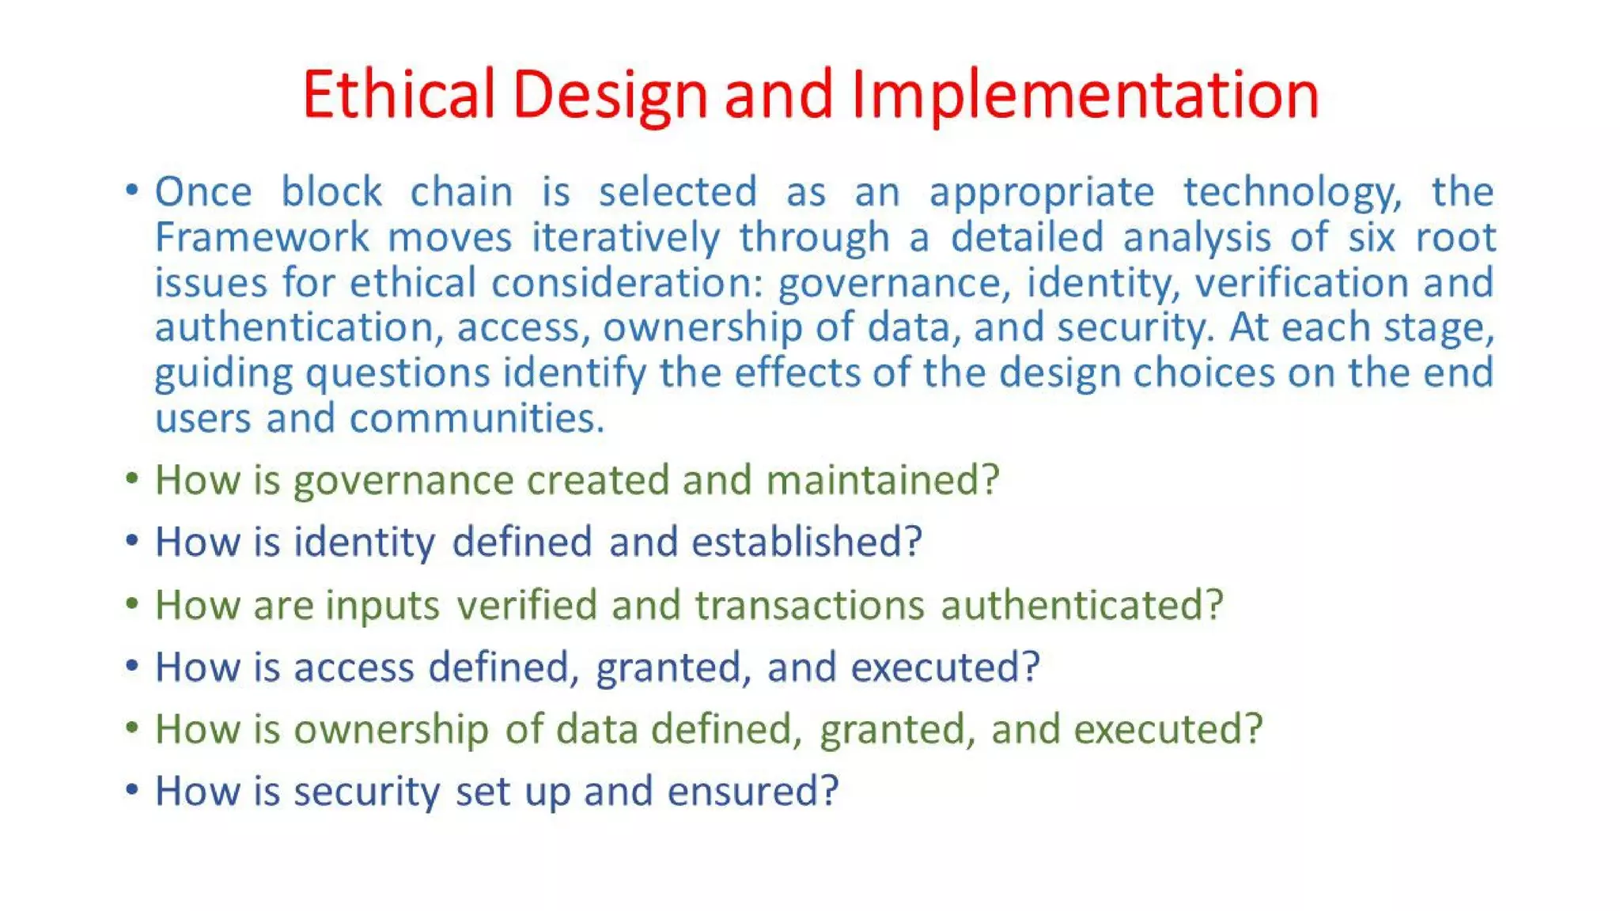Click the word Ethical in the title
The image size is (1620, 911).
point(398,94)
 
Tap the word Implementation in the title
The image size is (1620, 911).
point(1085,94)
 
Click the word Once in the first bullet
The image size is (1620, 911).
point(203,192)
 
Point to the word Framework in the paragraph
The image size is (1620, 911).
point(262,237)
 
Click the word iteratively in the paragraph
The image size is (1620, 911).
point(625,237)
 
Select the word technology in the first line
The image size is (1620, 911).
point(1292,192)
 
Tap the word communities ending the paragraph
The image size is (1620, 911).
point(476,418)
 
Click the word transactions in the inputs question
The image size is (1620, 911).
point(809,605)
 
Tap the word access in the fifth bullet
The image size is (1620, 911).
point(354,667)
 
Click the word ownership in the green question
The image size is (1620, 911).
point(391,729)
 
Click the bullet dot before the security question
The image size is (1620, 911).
point(132,789)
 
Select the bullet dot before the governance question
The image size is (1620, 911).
point(132,478)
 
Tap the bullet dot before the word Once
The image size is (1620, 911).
point(132,190)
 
